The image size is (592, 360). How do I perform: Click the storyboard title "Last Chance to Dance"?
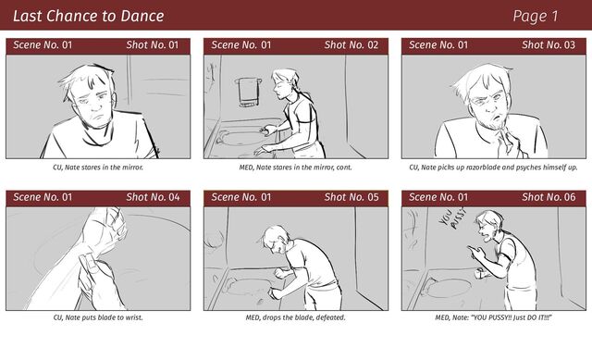point(89,16)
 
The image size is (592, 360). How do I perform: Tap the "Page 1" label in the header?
point(535,17)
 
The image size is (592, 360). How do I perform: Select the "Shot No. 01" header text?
point(152,45)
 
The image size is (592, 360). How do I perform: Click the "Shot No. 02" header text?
point(351,45)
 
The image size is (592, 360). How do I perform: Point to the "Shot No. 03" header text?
point(549,45)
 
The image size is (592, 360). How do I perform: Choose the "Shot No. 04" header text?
point(153,197)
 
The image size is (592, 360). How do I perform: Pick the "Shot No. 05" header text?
point(351,197)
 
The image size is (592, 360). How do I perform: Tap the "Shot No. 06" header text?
point(549,197)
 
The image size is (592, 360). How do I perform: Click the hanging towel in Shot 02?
point(249,92)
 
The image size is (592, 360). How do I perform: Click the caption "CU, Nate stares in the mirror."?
point(98,167)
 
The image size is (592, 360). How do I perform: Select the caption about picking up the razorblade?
point(493,167)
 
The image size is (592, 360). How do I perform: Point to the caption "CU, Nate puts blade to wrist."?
point(98,317)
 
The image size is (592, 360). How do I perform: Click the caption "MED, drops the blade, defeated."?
point(296,317)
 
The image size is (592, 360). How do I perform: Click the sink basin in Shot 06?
point(450,288)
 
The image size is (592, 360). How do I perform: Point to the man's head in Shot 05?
point(276,239)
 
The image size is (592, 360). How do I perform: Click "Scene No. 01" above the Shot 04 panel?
point(43,197)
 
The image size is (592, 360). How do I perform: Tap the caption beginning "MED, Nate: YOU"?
point(493,317)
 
